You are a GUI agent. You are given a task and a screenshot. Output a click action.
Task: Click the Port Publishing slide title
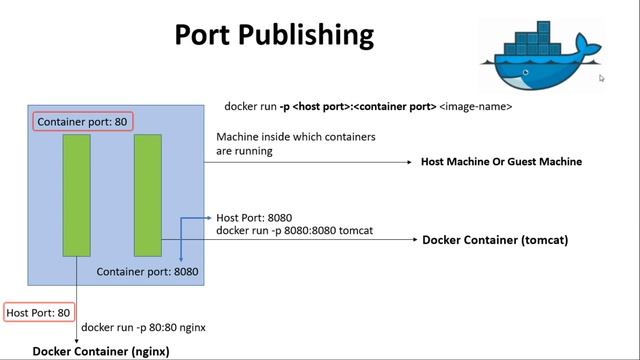coord(274,35)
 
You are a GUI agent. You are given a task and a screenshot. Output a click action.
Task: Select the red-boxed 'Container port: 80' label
coord(83,122)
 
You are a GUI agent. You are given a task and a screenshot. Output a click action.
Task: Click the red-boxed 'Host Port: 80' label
coord(39,313)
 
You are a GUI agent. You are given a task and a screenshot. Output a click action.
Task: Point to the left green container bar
coord(77,195)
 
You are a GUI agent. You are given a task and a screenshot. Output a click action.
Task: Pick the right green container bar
coord(148,195)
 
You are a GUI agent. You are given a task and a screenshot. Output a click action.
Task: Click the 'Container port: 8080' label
coord(147,271)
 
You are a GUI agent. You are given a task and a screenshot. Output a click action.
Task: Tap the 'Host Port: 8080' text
coord(254,217)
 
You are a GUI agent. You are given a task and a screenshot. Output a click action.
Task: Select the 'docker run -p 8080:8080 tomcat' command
coord(295,230)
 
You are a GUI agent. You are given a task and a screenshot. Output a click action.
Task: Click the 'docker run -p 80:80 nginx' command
coord(144,327)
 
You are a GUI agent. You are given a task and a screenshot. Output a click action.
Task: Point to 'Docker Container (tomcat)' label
coord(495,240)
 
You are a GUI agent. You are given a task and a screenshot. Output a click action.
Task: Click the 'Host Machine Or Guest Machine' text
coord(501,161)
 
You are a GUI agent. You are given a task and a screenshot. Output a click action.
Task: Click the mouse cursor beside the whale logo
coord(602,78)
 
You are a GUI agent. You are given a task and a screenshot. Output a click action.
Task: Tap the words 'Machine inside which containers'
coord(296,136)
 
